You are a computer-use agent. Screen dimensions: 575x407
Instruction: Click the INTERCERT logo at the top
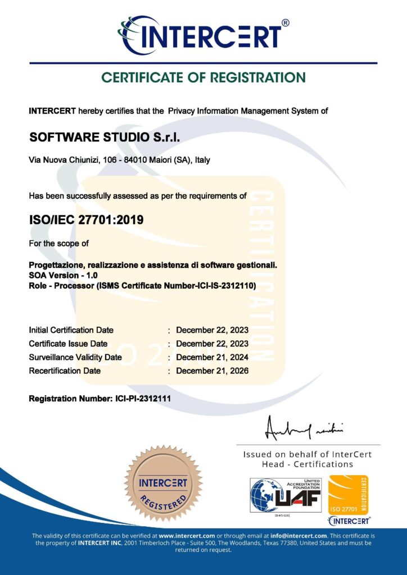[203, 35]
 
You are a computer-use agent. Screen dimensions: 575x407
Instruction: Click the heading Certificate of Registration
[203, 77]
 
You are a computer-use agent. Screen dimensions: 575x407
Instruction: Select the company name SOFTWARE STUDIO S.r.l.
[104, 138]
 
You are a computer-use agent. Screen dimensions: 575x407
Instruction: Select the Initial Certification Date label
[71, 330]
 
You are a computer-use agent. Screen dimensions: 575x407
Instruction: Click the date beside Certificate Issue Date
[212, 344]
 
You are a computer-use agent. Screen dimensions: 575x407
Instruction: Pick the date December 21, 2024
[212, 357]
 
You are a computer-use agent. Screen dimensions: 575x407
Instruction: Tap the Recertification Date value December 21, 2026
[212, 371]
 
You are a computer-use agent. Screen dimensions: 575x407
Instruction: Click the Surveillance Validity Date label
[75, 357]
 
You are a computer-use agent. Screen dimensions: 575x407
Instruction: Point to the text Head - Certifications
[307, 464]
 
